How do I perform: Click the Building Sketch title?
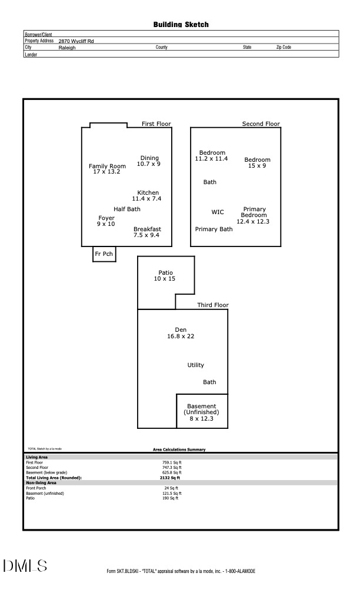click(x=181, y=25)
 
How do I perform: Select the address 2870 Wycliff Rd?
click(x=76, y=41)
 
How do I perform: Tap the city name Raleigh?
click(x=67, y=48)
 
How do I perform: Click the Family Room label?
click(x=107, y=166)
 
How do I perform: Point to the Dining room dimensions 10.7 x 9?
click(x=149, y=164)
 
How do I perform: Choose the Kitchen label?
click(x=148, y=193)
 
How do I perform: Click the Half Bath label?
click(x=127, y=209)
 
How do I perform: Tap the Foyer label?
click(x=106, y=218)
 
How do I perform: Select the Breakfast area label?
click(x=147, y=229)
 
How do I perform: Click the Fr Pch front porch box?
click(x=104, y=254)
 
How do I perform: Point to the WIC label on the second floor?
click(x=218, y=212)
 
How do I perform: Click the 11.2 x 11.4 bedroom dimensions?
click(x=211, y=159)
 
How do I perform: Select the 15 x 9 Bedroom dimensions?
click(x=257, y=166)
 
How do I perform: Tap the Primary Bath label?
click(x=214, y=229)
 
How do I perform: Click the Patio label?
click(x=166, y=272)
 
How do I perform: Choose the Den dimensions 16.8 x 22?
click(x=181, y=337)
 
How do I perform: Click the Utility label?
click(x=196, y=365)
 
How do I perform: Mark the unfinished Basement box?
click(x=202, y=411)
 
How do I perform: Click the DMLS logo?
click(x=25, y=566)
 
